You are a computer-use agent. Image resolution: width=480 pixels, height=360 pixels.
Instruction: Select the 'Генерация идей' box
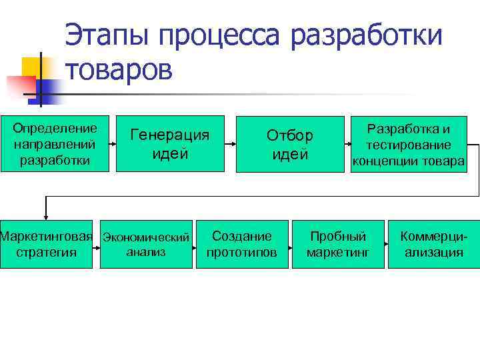click(169, 144)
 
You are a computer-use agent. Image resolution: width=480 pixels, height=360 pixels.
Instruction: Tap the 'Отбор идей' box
click(289, 144)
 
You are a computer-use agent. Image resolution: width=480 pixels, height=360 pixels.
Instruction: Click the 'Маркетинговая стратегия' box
click(46, 244)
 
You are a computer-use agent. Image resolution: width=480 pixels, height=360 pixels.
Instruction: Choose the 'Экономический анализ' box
click(146, 244)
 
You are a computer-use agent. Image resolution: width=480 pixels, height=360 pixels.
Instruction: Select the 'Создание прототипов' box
click(242, 244)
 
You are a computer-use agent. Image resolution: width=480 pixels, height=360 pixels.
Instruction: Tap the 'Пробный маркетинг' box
click(338, 244)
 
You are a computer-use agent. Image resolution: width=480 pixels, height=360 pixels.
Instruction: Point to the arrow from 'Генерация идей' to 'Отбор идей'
click(229, 143)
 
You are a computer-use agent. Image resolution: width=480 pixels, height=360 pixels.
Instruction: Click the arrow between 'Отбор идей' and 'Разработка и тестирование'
click(345, 143)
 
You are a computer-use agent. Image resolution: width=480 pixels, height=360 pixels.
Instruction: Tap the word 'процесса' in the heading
click(223, 35)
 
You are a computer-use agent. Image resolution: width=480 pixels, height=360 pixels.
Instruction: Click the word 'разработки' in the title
click(366, 35)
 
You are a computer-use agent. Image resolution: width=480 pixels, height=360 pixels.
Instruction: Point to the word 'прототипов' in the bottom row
click(242, 253)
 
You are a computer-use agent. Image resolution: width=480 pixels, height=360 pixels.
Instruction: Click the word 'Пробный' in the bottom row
click(338, 236)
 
